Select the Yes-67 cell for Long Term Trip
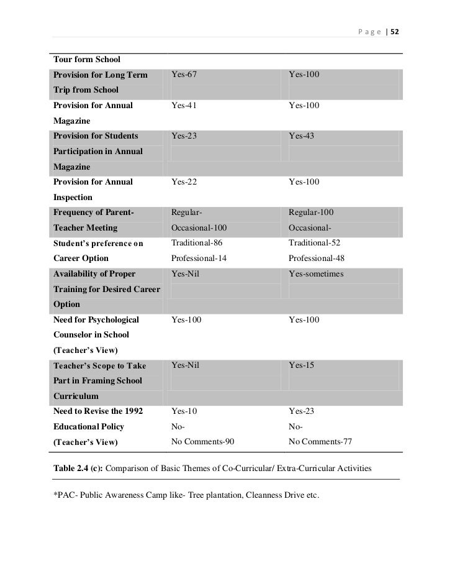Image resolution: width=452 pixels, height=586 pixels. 184,75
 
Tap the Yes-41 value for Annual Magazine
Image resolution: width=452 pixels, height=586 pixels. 184,106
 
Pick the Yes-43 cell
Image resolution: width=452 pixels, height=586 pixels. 302,136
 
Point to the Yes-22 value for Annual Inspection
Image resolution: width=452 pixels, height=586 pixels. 184,182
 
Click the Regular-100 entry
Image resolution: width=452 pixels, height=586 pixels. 311,213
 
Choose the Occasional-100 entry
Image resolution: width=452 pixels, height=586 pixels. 196,228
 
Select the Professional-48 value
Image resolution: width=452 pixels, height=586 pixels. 317,258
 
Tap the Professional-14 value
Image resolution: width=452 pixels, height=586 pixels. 198,258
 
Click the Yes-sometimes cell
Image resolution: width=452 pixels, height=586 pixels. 316,274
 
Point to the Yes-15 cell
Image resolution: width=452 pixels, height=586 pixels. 302,365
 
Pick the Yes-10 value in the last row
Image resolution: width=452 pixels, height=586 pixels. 184,411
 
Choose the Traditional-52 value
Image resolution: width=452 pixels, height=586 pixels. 314,243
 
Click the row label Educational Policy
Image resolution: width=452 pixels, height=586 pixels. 89,427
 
